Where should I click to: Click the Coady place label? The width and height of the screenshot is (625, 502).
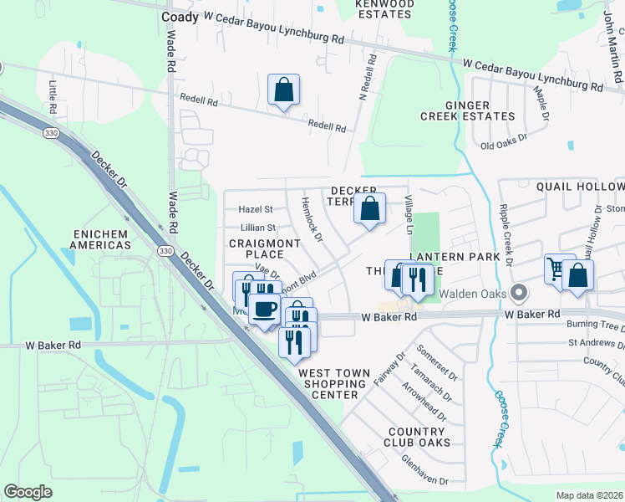pos(180,17)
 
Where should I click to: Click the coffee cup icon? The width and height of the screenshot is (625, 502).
pos(264,309)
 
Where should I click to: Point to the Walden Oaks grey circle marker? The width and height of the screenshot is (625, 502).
pos(520,294)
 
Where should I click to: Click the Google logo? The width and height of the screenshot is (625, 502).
pos(28,492)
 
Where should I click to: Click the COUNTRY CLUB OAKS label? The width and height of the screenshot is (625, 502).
pos(418,437)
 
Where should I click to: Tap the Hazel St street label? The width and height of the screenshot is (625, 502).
pos(256,209)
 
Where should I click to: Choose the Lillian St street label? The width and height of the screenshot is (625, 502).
pos(257,228)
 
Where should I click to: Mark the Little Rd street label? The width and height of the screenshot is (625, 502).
pos(52,97)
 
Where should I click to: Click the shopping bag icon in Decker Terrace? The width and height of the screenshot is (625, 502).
pos(369,208)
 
